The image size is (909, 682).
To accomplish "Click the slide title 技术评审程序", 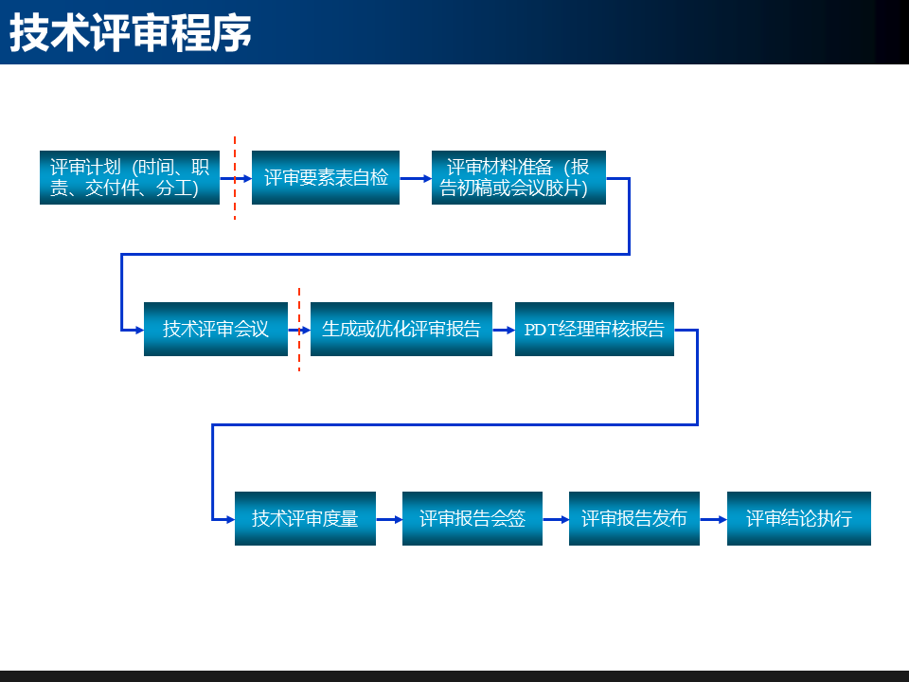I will pos(131,33).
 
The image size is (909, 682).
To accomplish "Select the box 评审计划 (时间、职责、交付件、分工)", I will pos(130,177).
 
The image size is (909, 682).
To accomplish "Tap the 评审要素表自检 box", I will pos(326,177).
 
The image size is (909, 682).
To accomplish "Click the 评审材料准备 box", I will pos(518,177).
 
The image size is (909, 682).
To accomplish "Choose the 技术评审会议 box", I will pos(216,329).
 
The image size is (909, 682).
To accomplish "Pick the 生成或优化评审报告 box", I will pos(401,329).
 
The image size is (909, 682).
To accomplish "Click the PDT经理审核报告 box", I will pos(595,329).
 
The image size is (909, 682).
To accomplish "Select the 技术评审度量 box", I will pos(305,518).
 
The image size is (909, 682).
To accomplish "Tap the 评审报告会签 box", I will pos(472,518).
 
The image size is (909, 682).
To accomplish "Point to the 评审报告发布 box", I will pos(634,518).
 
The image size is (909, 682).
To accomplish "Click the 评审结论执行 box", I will pos(799,518).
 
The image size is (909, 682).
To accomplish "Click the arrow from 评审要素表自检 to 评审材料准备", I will pos(416,177).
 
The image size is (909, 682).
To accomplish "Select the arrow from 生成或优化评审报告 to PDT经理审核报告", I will pos(504,329).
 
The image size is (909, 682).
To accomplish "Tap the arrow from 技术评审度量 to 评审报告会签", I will pos(389,518).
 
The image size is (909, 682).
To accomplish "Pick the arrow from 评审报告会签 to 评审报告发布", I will pos(556,518).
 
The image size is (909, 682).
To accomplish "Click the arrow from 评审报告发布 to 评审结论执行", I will pos(714,518).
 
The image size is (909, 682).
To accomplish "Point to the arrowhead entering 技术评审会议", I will pos(138,329).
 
